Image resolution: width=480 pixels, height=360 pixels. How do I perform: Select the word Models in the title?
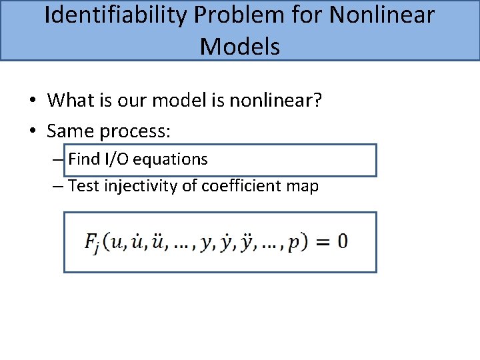click(x=240, y=46)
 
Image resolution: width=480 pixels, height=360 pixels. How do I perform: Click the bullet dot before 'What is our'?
click(x=32, y=101)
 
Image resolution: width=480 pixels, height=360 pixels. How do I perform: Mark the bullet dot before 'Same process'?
click(x=32, y=132)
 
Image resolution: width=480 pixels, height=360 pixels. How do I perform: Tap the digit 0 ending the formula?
click(x=341, y=241)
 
